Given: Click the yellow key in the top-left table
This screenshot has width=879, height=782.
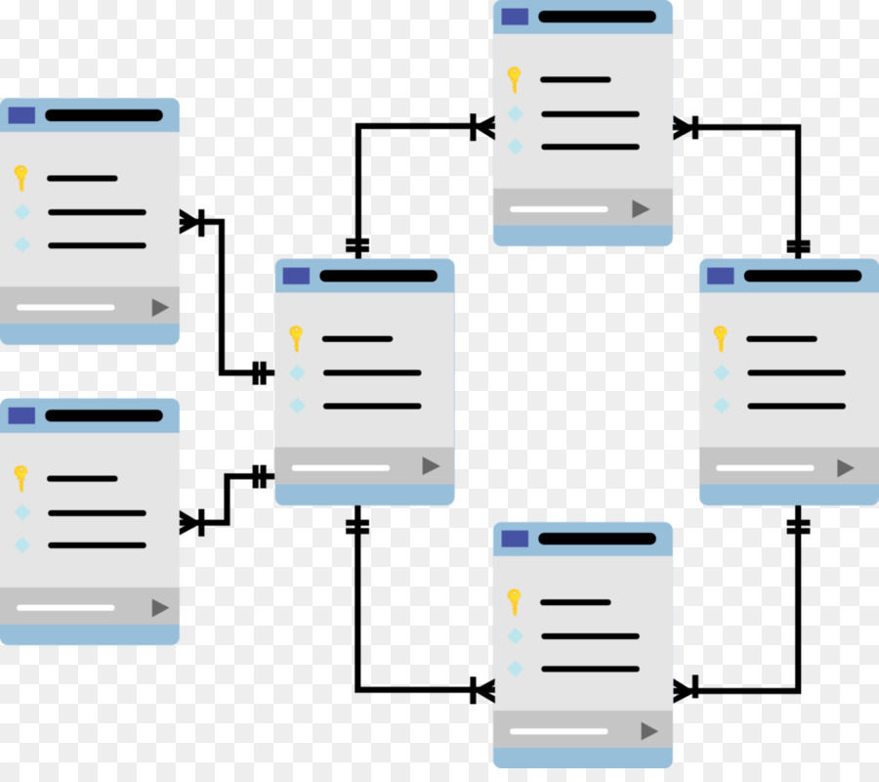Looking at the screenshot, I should coord(21,177).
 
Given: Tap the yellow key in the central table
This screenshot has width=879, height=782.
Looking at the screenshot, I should coord(296,338).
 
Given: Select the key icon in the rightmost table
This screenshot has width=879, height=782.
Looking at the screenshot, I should coord(721,338).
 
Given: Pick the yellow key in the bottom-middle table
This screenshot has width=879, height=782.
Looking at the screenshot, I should coord(514,601).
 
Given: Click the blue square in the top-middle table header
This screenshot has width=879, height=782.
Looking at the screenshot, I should coord(515,17).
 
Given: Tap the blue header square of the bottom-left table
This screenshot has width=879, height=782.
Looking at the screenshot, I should coord(21,415).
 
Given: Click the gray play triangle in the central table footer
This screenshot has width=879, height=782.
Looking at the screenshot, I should coord(431,466).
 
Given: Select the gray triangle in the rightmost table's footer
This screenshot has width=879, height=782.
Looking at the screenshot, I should coord(845,468).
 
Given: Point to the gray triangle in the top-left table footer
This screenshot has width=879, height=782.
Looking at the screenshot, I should coord(160,308).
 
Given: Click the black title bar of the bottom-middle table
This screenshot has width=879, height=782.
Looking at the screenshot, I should coord(597,539).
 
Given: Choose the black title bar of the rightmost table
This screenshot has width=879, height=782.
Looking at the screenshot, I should coord(803,276).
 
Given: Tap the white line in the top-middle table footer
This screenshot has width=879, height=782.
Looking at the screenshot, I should coord(559,209).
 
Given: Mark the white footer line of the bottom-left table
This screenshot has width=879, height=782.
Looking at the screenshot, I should coord(65,608).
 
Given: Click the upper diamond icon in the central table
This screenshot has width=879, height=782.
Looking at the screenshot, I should coord(297,372).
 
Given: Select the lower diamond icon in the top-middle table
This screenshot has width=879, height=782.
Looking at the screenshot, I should coord(515,147).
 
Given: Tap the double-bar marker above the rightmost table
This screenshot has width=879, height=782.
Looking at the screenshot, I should coord(798,246).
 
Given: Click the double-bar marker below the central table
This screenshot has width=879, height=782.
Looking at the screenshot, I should coord(357,526).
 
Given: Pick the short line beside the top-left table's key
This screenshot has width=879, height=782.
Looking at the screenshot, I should coord(82,179).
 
